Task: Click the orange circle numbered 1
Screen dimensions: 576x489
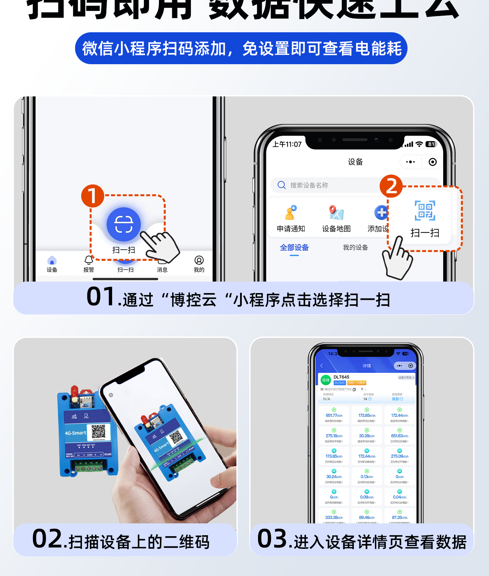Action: click(92, 196)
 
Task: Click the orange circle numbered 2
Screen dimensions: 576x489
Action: click(391, 186)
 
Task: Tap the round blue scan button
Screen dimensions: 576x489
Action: click(124, 224)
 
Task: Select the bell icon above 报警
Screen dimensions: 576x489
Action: click(89, 260)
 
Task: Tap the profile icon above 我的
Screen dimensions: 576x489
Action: click(199, 260)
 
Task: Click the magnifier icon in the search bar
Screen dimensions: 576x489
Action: click(282, 185)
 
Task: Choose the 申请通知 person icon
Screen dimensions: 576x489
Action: click(291, 213)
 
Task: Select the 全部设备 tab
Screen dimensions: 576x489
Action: click(294, 248)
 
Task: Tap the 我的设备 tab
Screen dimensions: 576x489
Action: click(355, 248)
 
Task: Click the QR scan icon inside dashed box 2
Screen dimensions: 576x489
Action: click(425, 211)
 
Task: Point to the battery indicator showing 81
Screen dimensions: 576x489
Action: click(431, 144)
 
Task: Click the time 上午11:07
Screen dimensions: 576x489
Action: click(287, 144)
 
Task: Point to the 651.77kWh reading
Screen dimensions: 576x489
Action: click(334, 415)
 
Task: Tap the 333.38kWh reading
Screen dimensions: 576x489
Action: click(334, 518)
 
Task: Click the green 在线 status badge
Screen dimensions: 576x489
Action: click(326, 380)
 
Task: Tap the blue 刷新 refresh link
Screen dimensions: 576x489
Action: click(397, 399)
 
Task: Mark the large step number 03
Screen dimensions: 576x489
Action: click(272, 539)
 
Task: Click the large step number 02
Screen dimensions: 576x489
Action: click(47, 539)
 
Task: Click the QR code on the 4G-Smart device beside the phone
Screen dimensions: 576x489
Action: click(98, 431)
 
